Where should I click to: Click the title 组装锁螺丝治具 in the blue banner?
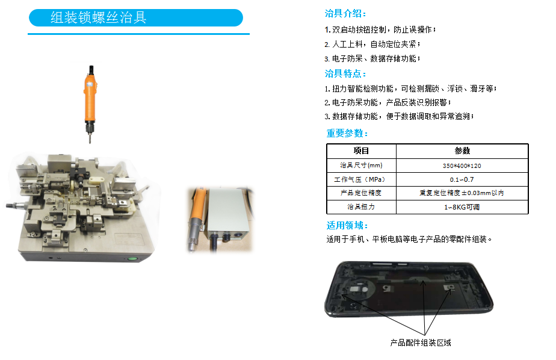point(98,17)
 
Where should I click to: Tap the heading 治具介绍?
point(345,13)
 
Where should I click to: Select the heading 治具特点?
point(345,73)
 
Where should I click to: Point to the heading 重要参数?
point(347,133)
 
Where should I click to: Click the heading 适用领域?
point(347,225)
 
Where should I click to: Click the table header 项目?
point(361,151)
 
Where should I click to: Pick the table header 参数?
point(462,151)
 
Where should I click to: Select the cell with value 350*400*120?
point(462,166)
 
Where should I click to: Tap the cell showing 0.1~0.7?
point(462,179)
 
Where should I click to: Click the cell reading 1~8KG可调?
point(462,207)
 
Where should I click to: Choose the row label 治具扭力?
point(361,206)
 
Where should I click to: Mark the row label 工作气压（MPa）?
point(360,179)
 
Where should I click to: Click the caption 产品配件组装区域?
point(421,343)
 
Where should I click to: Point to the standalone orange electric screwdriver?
point(90,104)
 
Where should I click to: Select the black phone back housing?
point(409,289)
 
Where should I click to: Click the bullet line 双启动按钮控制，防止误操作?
point(380,29)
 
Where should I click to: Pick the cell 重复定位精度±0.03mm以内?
point(462,193)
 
